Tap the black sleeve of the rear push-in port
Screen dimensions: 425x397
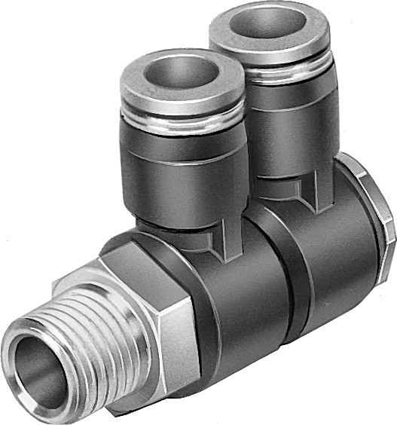pyautogui.click(x=290, y=121)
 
